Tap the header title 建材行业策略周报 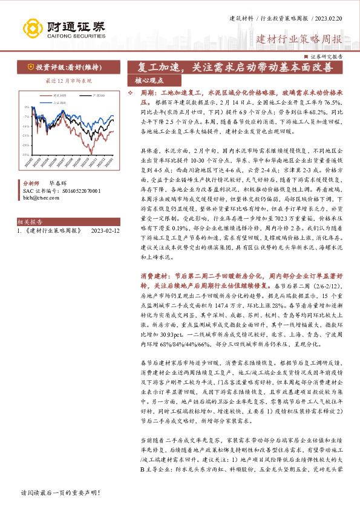tap(299, 40)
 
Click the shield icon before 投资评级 tap(30, 67)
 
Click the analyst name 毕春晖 tap(58, 182)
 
